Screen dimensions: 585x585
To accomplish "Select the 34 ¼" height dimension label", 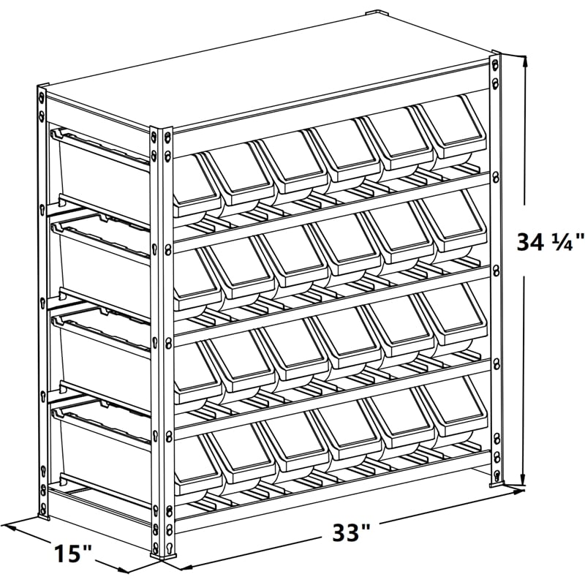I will click(550, 242).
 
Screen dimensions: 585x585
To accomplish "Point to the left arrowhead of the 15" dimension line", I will click(7, 524).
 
